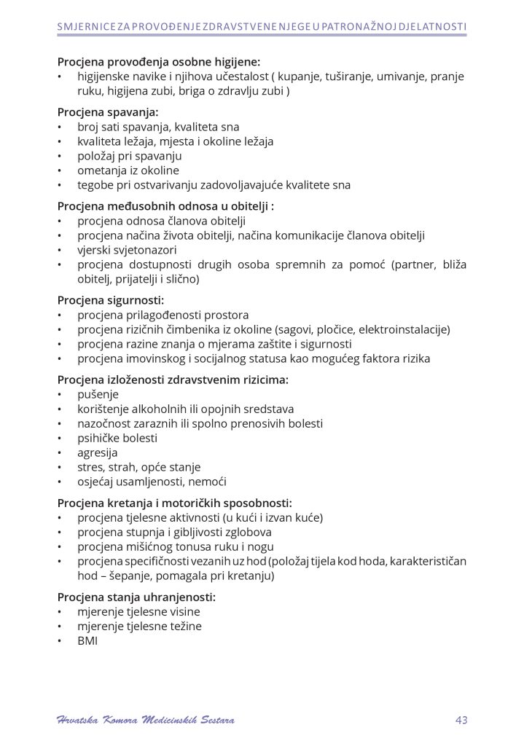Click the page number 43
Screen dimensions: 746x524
(x=460, y=721)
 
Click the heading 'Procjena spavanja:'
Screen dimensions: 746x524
(x=108, y=112)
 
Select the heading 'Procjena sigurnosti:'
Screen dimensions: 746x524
(x=111, y=300)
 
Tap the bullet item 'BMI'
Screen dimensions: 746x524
(x=87, y=640)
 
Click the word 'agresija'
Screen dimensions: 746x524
(x=98, y=452)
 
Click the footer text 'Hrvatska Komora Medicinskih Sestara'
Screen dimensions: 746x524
(x=145, y=721)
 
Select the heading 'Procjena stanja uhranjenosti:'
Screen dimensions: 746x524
(x=136, y=597)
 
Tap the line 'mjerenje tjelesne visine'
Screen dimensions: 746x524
(x=138, y=611)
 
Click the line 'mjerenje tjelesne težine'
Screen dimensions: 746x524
(x=139, y=626)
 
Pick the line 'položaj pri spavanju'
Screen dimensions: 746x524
(x=130, y=156)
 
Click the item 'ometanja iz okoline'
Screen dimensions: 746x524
(x=128, y=170)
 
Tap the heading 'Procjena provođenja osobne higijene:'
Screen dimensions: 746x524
(x=158, y=62)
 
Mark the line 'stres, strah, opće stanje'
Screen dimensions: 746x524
(x=138, y=467)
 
